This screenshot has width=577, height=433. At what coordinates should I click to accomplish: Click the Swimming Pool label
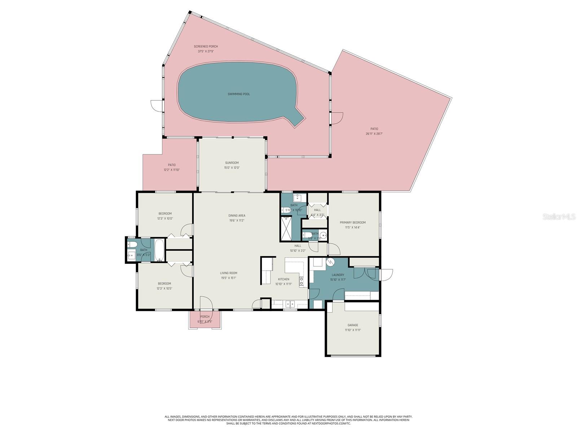click(x=238, y=94)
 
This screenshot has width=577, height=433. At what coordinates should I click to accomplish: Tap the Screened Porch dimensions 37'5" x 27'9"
click(x=206, y=52)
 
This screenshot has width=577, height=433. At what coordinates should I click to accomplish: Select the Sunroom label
click(x=232, y=163)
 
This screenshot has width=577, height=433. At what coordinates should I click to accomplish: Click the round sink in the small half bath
click(x=323, y=236)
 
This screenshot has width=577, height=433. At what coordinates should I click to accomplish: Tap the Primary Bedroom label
click(x=352, y=223)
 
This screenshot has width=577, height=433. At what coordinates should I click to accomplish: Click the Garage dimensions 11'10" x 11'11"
click(x=352, y=330)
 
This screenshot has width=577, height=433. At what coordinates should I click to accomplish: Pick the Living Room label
click(x=229, y=273)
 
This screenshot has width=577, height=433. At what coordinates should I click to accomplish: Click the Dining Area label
click(x=237, y=216)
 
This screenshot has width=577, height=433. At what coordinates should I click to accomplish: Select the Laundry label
click(x=338, y=275)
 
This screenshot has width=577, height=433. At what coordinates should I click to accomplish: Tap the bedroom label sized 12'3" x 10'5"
click(x=164, y=284)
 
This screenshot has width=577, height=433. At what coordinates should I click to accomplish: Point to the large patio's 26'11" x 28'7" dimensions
click(x=374, y=134)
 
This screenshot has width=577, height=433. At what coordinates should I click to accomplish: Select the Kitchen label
click(x=283, y=279)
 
